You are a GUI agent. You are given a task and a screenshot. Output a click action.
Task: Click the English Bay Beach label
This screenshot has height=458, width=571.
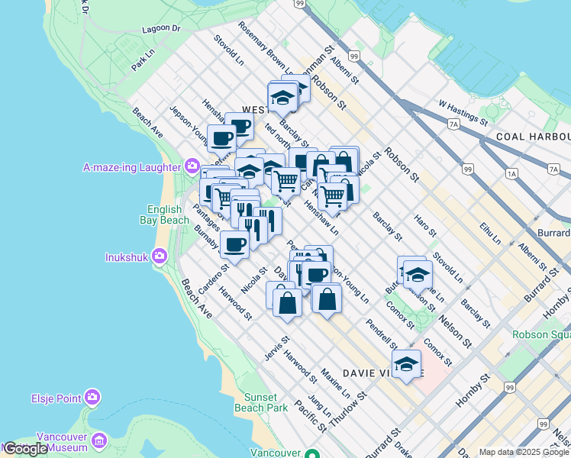(x=164, y=214)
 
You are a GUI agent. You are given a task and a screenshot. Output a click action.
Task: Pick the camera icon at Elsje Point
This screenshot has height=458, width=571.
(x=92, y=397)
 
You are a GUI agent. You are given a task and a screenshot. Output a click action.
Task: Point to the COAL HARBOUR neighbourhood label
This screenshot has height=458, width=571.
(x=532, y=136)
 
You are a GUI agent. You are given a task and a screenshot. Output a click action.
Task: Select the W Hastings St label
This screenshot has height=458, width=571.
(x=463, y=111)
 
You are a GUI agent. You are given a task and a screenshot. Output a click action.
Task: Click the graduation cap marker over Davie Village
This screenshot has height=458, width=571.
(x=406, y=364)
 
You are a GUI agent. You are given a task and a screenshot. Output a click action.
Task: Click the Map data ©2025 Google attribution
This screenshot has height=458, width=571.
(x=524, y=452)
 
